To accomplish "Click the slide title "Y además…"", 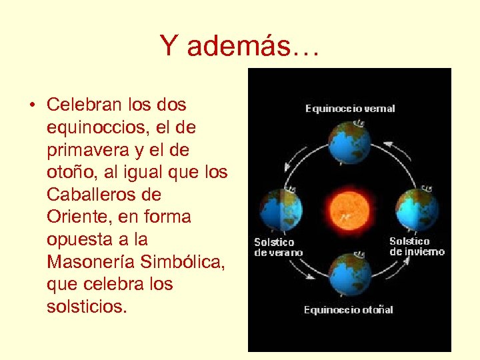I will pos(240,46).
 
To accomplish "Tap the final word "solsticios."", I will pos(86,307).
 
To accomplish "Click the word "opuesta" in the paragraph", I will pos(77,239).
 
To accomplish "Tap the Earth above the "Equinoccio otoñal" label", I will pos(349,273).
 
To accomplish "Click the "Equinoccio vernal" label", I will pos(350,109).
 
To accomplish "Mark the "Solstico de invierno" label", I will pos(417,246).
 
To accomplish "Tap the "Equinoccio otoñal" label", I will pos(349,309).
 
